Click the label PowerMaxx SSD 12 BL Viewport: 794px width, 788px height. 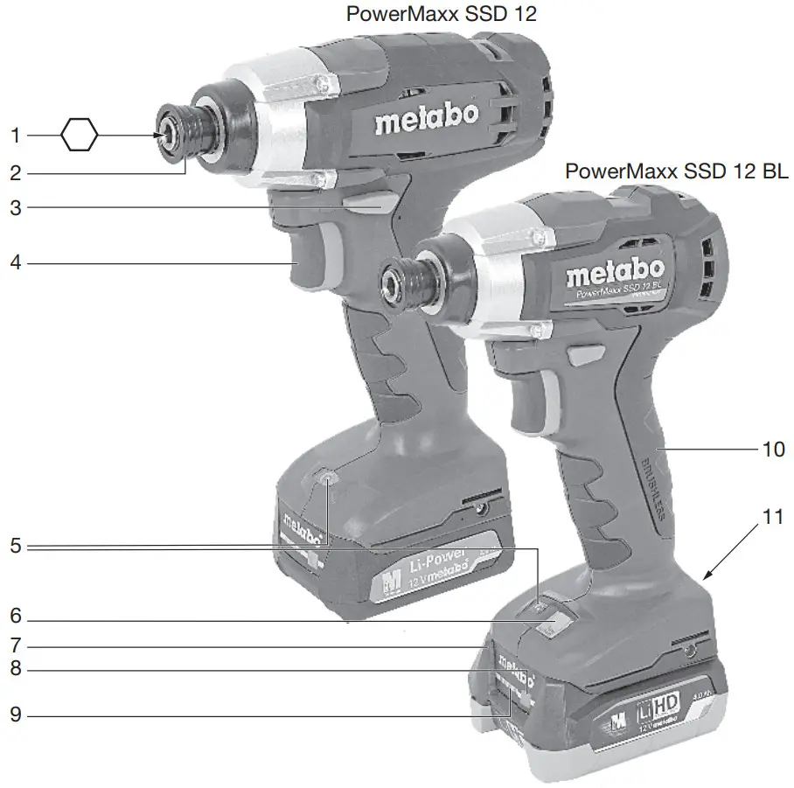click(676, 171)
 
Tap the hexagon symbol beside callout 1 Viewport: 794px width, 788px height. click(80, 136)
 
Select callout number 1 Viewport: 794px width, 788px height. click(15, 136)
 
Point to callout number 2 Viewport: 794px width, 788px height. click(15, 173)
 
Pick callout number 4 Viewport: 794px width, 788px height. click(15, 262)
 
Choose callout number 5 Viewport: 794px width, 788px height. click(15, 547)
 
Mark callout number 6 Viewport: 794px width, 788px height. click(15, 616)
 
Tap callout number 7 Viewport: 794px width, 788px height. click(15, 647)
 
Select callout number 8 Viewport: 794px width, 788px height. click(15, 671)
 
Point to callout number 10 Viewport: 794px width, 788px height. click(773, 449)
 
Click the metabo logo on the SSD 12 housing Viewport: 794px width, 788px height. click(427, 120)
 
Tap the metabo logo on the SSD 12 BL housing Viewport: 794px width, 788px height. click(615, 273)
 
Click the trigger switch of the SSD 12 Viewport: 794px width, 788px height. click(309, 255)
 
